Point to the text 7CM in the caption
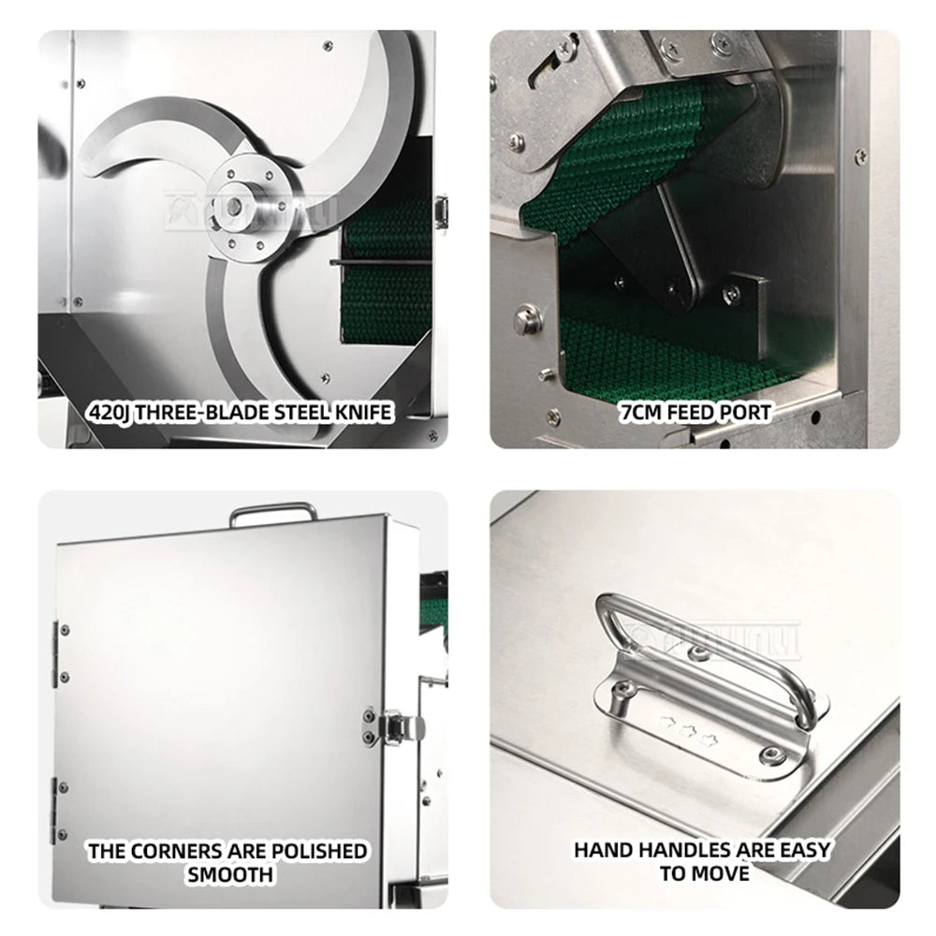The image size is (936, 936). [641, 412]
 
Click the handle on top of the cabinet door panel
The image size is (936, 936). [272, 511]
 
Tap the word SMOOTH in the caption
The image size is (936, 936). [229, 875]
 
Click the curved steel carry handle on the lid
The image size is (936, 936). [711, 655]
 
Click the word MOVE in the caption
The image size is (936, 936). [718, 873]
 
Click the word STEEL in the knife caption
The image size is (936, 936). [297, 412]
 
